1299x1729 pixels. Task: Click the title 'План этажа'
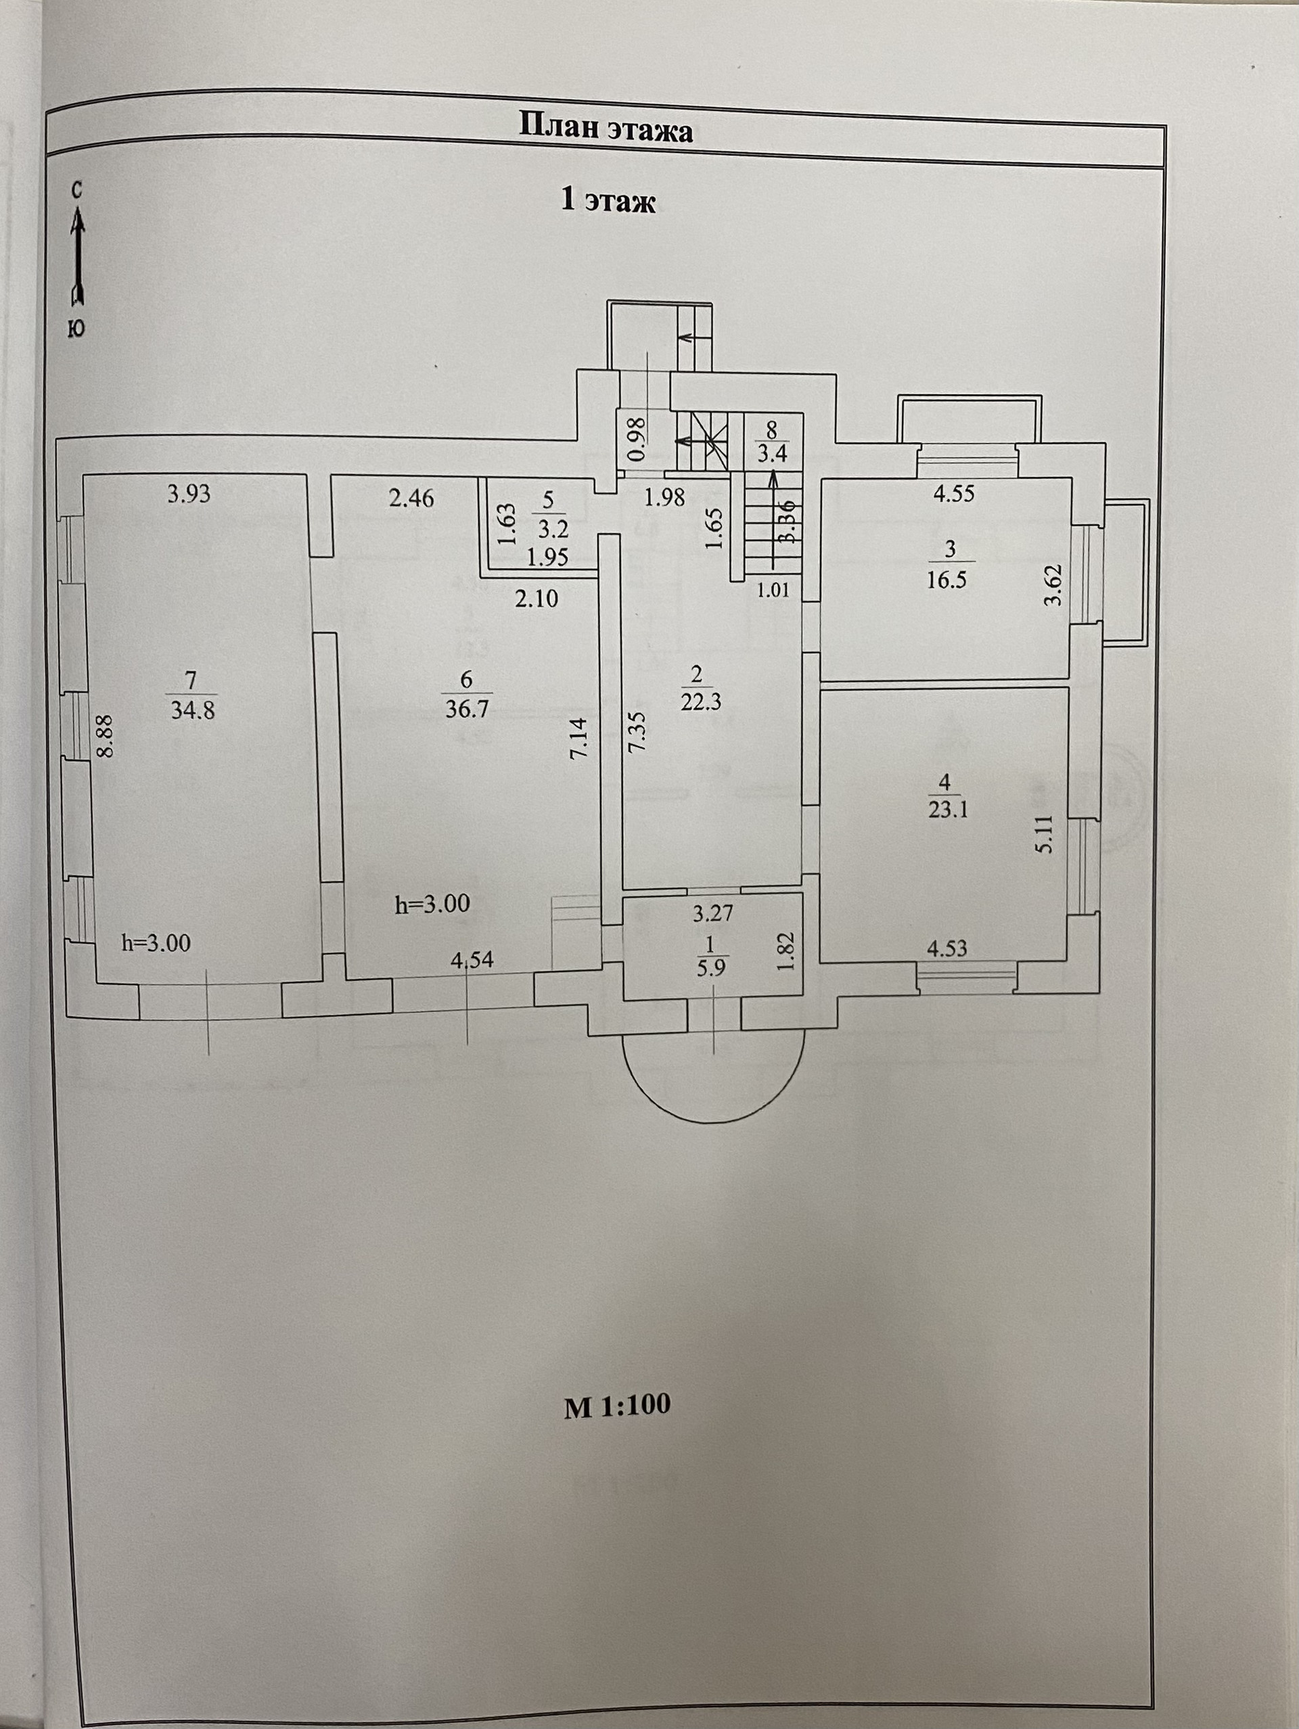[x=606, y=129]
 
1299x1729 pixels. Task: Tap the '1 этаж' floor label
[x=608, y=201]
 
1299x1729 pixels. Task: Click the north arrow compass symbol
[x=76, y=258]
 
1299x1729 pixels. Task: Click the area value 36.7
[x=467, y=710]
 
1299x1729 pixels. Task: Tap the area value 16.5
[x=947, y=580]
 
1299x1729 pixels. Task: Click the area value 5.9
[x=712, y=965]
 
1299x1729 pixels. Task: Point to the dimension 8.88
[x=106, y=735]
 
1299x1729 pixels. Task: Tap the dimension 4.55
[x=953, y=494]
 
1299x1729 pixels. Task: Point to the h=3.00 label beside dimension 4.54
[x=432, y=904]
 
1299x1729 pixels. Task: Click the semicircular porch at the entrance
[x=713, y=1080]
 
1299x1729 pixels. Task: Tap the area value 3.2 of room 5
[x=552, y=529]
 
